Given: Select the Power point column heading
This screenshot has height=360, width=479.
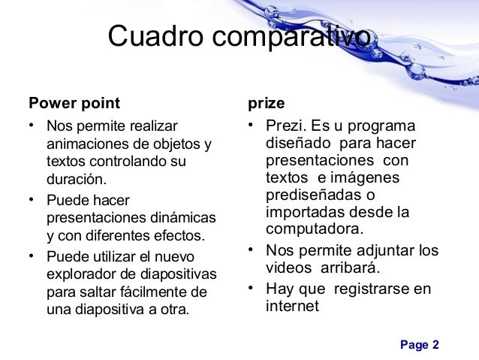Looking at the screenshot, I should pos(74,101).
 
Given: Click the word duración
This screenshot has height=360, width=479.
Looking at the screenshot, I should pos(77,180).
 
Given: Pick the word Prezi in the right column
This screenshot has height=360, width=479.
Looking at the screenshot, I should pos(282,125).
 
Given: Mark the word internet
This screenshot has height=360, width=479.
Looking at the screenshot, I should pos(292,306).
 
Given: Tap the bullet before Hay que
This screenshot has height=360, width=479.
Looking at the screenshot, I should pos(251,288).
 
